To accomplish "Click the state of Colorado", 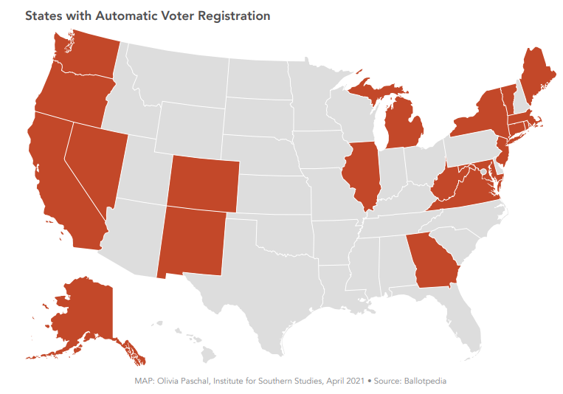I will coord(202,183).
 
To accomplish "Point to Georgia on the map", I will coord(435,262).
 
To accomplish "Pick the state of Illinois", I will coord(362,177).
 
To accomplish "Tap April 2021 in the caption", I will coord(344,381).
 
